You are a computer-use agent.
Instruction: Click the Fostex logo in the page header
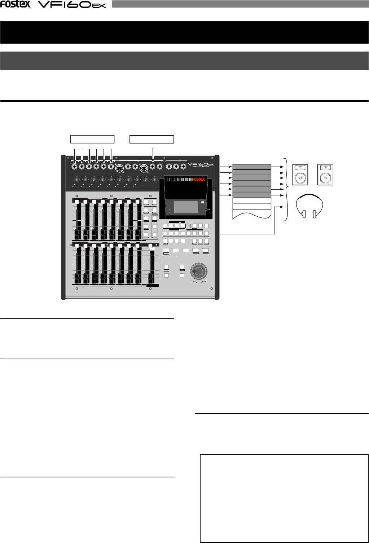click(15, 4)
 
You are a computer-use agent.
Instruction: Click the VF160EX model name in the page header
click(72, 5)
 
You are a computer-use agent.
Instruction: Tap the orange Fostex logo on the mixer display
click(198, 179)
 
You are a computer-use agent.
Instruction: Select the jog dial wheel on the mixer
click(199, 271)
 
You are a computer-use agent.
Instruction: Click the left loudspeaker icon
click(300, 175)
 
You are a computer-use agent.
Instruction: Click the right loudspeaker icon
click(325, 175)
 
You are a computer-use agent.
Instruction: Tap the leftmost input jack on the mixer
click(75, 167)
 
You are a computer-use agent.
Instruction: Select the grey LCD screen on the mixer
click(186, 207)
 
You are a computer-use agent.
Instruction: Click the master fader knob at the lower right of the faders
click(152, 281)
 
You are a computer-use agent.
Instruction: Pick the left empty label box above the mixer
click(92, 140)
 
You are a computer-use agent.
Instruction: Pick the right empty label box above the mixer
click(151, 140)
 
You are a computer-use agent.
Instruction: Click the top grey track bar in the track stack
click(252, 167)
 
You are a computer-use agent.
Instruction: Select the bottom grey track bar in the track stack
click(252, 195)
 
